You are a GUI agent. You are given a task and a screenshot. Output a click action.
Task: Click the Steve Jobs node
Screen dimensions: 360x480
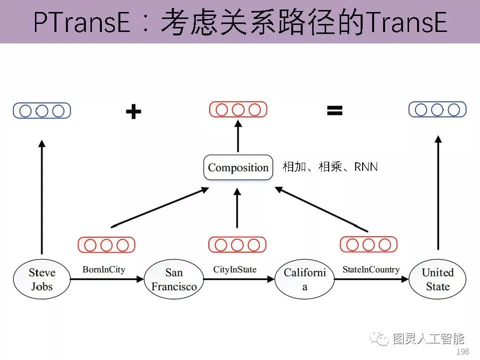coord(42,279)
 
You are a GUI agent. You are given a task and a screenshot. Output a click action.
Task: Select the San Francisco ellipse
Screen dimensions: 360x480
coord(174,279)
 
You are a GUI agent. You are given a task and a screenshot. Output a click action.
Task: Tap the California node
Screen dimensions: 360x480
coord(305,279)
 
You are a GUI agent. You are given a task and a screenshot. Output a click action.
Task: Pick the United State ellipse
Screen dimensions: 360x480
coord(438,279)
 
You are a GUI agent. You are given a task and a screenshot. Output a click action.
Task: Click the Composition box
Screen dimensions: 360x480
coord(238,167)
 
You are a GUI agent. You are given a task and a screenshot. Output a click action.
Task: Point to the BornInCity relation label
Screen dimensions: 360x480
coord(103,270)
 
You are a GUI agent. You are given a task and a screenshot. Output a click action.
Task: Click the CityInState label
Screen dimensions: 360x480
coord(234,270)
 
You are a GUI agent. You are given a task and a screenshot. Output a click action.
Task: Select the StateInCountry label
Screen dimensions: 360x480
coord(371,270)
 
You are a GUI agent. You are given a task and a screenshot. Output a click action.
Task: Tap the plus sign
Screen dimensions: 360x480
coord(133,112)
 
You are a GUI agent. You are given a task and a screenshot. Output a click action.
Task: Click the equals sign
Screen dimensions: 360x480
coord(335,110)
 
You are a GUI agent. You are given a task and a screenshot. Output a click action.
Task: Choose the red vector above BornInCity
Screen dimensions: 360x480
coord(106,245)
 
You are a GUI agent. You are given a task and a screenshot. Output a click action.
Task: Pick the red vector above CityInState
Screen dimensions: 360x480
coord(237,245)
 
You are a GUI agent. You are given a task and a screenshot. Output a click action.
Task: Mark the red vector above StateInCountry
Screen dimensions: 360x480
coord(369,244)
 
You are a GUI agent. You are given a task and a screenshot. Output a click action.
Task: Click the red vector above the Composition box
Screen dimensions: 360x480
coord(238,109)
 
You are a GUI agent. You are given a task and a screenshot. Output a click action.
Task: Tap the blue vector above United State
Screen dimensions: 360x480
coord(438,109)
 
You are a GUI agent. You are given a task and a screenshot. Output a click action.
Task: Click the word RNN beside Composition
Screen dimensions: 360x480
coord(366,167)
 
